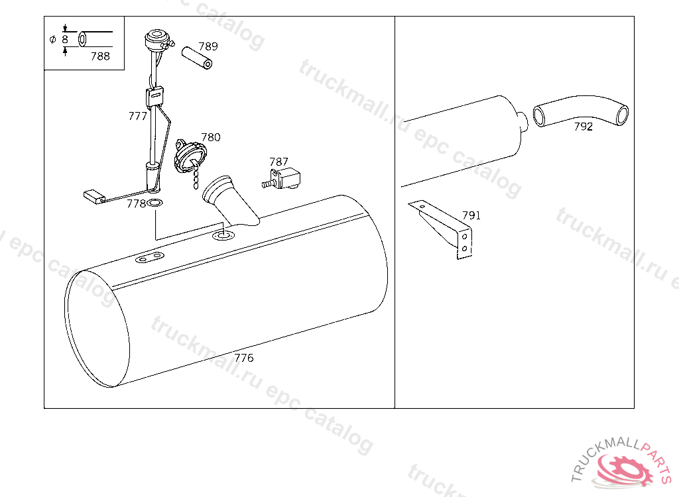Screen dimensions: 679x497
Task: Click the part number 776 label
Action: coord(244,358)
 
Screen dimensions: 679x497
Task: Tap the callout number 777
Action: coord(138,116)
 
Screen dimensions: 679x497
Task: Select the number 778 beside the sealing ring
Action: coord(136,203)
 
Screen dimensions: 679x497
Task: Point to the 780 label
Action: coord(211,137)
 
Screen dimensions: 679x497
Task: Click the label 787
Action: coord(278,162)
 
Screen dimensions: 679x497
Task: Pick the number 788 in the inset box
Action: coord(101,56)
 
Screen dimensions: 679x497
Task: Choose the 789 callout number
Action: coord(208,46)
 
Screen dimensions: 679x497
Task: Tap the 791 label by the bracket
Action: coord(471,215)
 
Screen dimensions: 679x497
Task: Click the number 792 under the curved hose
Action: coord(584,127)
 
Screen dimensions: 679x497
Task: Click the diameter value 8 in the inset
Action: coord(65,39)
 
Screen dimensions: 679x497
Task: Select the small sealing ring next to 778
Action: coord(155,202)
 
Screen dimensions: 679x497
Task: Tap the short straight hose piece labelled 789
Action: coord(197,58)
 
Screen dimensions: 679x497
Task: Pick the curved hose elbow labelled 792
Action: coord(580,111)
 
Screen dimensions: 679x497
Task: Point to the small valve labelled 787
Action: coord(282,178)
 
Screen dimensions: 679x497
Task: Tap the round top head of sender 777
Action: coord(156,38)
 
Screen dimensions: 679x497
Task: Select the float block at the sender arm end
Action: coord(94,196)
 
